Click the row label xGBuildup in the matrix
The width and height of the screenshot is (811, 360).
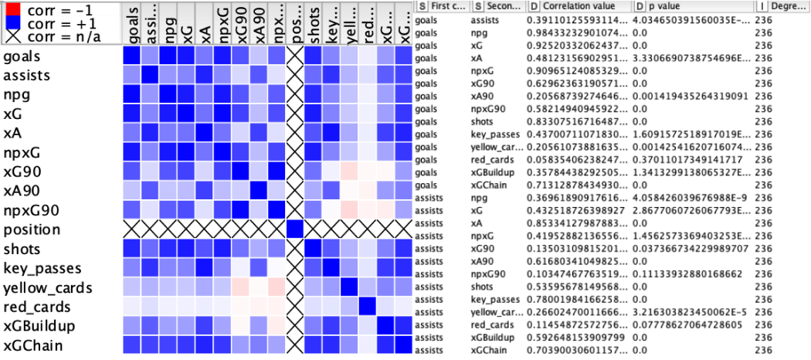point(40,326)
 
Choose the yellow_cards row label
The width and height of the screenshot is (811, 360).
point(48,287)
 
